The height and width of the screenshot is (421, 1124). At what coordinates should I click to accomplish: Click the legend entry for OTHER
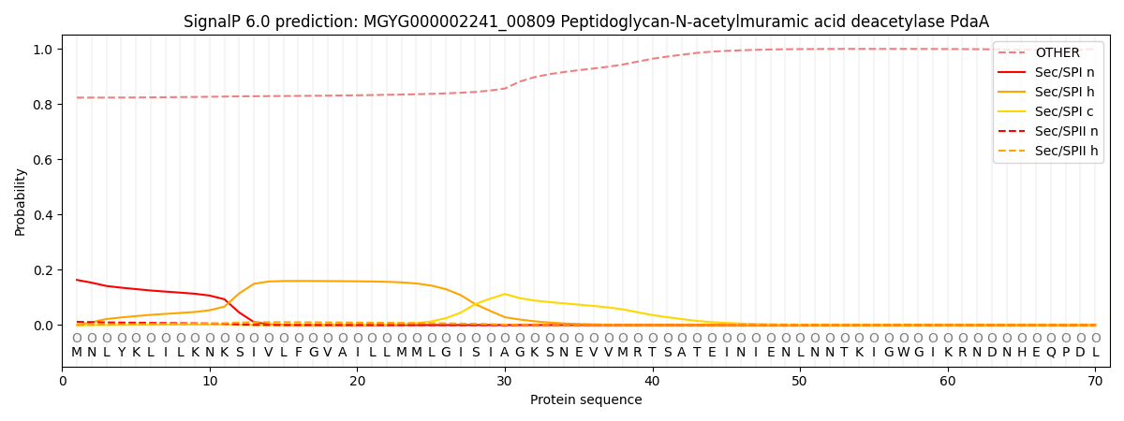(x=1057, y=53)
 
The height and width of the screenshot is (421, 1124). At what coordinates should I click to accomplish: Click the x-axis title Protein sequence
(x=586, y=400)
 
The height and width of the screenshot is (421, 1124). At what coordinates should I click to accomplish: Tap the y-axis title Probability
(x=20, y=201)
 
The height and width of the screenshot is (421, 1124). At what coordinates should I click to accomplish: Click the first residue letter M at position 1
(x=77, y=353)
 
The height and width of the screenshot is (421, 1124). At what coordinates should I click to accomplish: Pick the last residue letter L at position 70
(x=1095, y=353)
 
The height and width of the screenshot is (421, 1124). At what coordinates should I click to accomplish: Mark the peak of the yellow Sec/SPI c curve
(x=505, y=294)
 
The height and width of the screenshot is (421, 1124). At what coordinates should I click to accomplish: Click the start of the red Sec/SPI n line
(x=77, y=280)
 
